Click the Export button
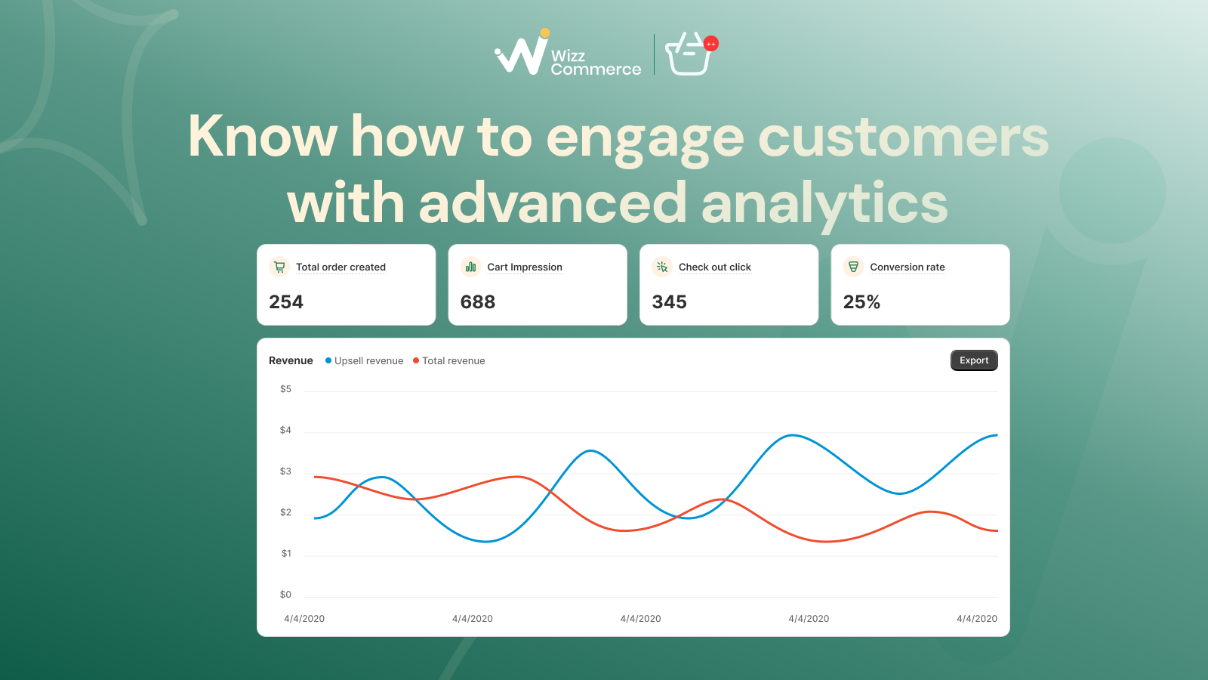tap(974, 360)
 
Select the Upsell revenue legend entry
tap(364, 360)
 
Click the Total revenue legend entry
tap(448, 360)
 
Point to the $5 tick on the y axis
tap(285, 389)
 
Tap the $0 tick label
tap(285, 594)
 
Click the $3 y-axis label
tap(285, 471)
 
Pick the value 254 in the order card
tap(286, 301)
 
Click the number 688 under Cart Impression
tap(478, 301)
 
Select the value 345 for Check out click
tap(669, 301)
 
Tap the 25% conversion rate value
tap(861, 301)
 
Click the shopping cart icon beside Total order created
tap(279, 267)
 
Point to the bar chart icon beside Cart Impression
tap(471, 267)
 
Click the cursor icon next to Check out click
tap(662, 267)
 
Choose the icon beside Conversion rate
tap(853, 267)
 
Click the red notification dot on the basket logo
tap(710, 44)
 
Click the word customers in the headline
tap(903, 137)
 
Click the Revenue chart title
tap(291, 360)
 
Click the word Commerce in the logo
tap(596, 69)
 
